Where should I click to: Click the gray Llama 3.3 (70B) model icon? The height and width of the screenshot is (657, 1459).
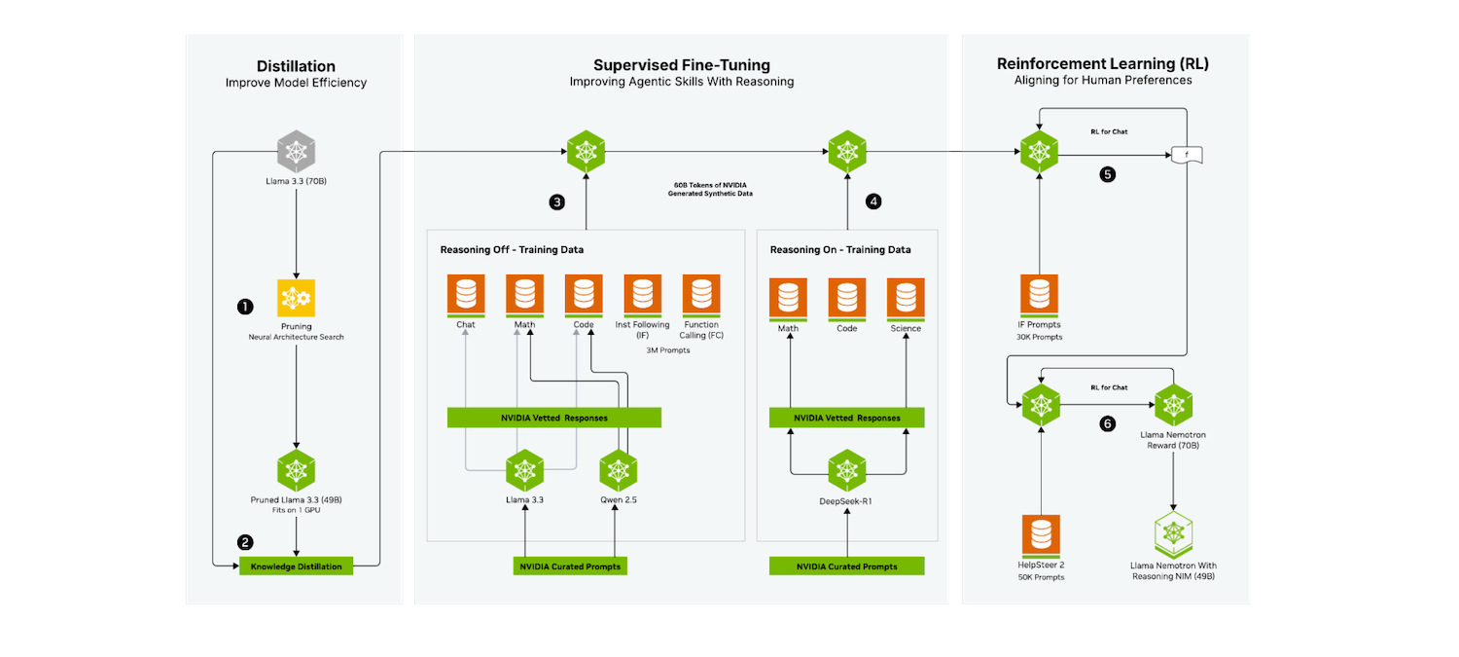coord(296,150)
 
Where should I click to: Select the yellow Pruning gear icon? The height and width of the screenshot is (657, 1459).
coord(296,297)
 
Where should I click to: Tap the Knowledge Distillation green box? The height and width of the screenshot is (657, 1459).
coord(296,566)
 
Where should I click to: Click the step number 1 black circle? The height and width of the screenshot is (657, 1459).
coord(245,306)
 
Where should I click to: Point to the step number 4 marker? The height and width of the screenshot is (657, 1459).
coord(873,201)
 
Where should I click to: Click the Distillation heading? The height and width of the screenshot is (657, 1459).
coord(296,65)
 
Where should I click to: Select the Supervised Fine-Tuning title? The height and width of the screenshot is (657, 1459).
coord(682,65)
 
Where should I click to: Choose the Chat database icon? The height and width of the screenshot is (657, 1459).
coord(466,295)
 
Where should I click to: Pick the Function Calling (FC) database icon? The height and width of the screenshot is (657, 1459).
coord(701,295)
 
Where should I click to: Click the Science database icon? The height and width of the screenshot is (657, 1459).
coord(906,299)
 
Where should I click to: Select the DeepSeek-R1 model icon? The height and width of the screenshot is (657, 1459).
coord(847,470)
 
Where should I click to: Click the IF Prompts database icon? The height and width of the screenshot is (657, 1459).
coord(1039,295)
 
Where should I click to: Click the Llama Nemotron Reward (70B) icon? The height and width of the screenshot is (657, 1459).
coord(1173,403)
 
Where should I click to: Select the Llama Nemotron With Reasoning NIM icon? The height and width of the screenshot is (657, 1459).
coord(1173,532)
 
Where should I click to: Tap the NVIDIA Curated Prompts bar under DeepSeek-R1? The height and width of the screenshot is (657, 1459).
coord(846,566)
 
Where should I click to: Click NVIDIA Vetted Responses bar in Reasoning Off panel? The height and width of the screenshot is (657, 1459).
coord(553,418)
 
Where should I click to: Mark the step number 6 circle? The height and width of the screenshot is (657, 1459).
coord(1107,423)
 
